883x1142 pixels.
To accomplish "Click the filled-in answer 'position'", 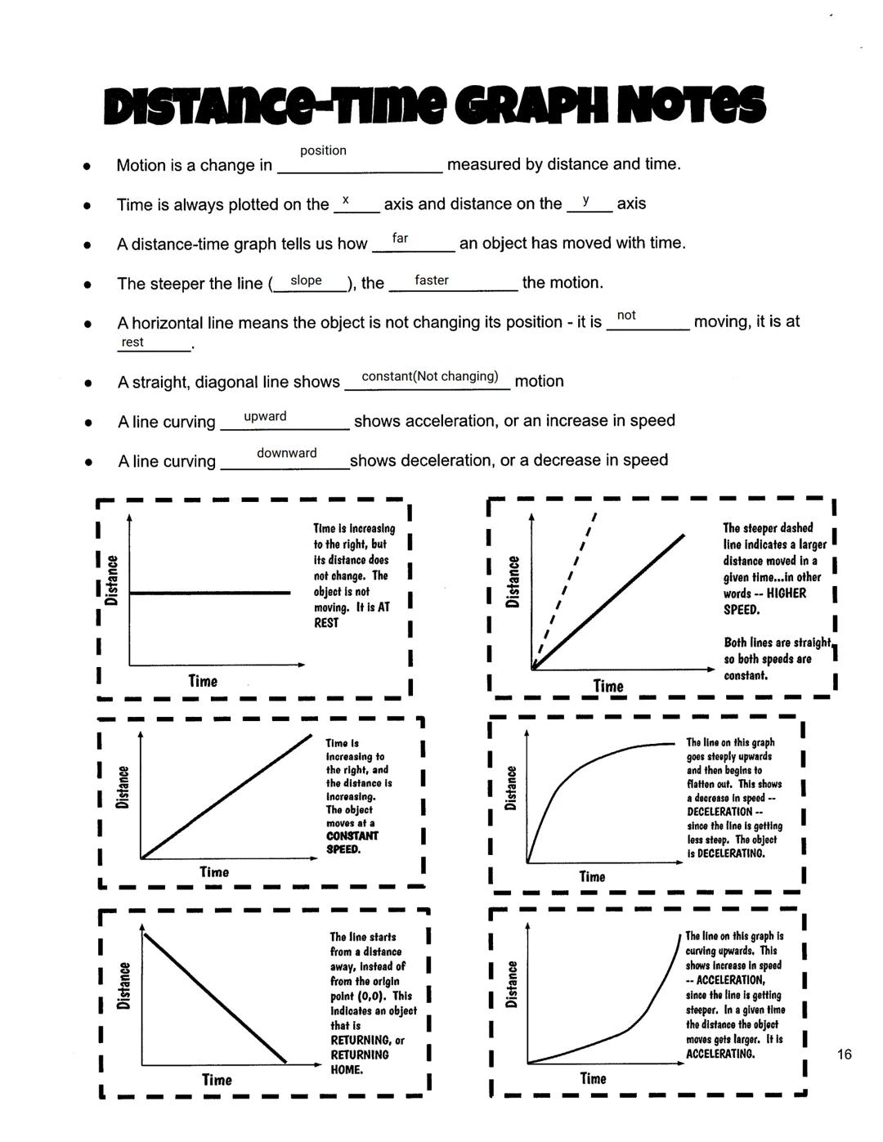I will pos(323,150).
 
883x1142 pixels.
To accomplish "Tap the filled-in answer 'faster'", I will pos(431,280).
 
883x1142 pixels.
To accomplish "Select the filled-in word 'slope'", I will pos(306,280).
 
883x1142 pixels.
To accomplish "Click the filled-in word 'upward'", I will pos(265,416).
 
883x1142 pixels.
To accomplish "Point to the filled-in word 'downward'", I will pos(286,453).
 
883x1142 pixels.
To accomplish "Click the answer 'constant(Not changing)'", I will pos(429,376).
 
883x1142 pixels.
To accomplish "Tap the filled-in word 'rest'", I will pos(132,342).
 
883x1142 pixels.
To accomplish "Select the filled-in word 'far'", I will pos(400,238).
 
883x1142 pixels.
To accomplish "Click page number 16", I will pos(844,1054).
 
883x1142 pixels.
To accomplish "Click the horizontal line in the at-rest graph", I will pos(210,592).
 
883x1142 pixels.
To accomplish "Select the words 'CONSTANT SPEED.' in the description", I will pos(352,843).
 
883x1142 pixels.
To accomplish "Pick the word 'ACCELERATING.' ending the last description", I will pos(719,1054).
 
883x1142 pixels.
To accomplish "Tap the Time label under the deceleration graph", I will pos(592,876).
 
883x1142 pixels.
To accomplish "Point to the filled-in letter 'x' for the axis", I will pos(346,200).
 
